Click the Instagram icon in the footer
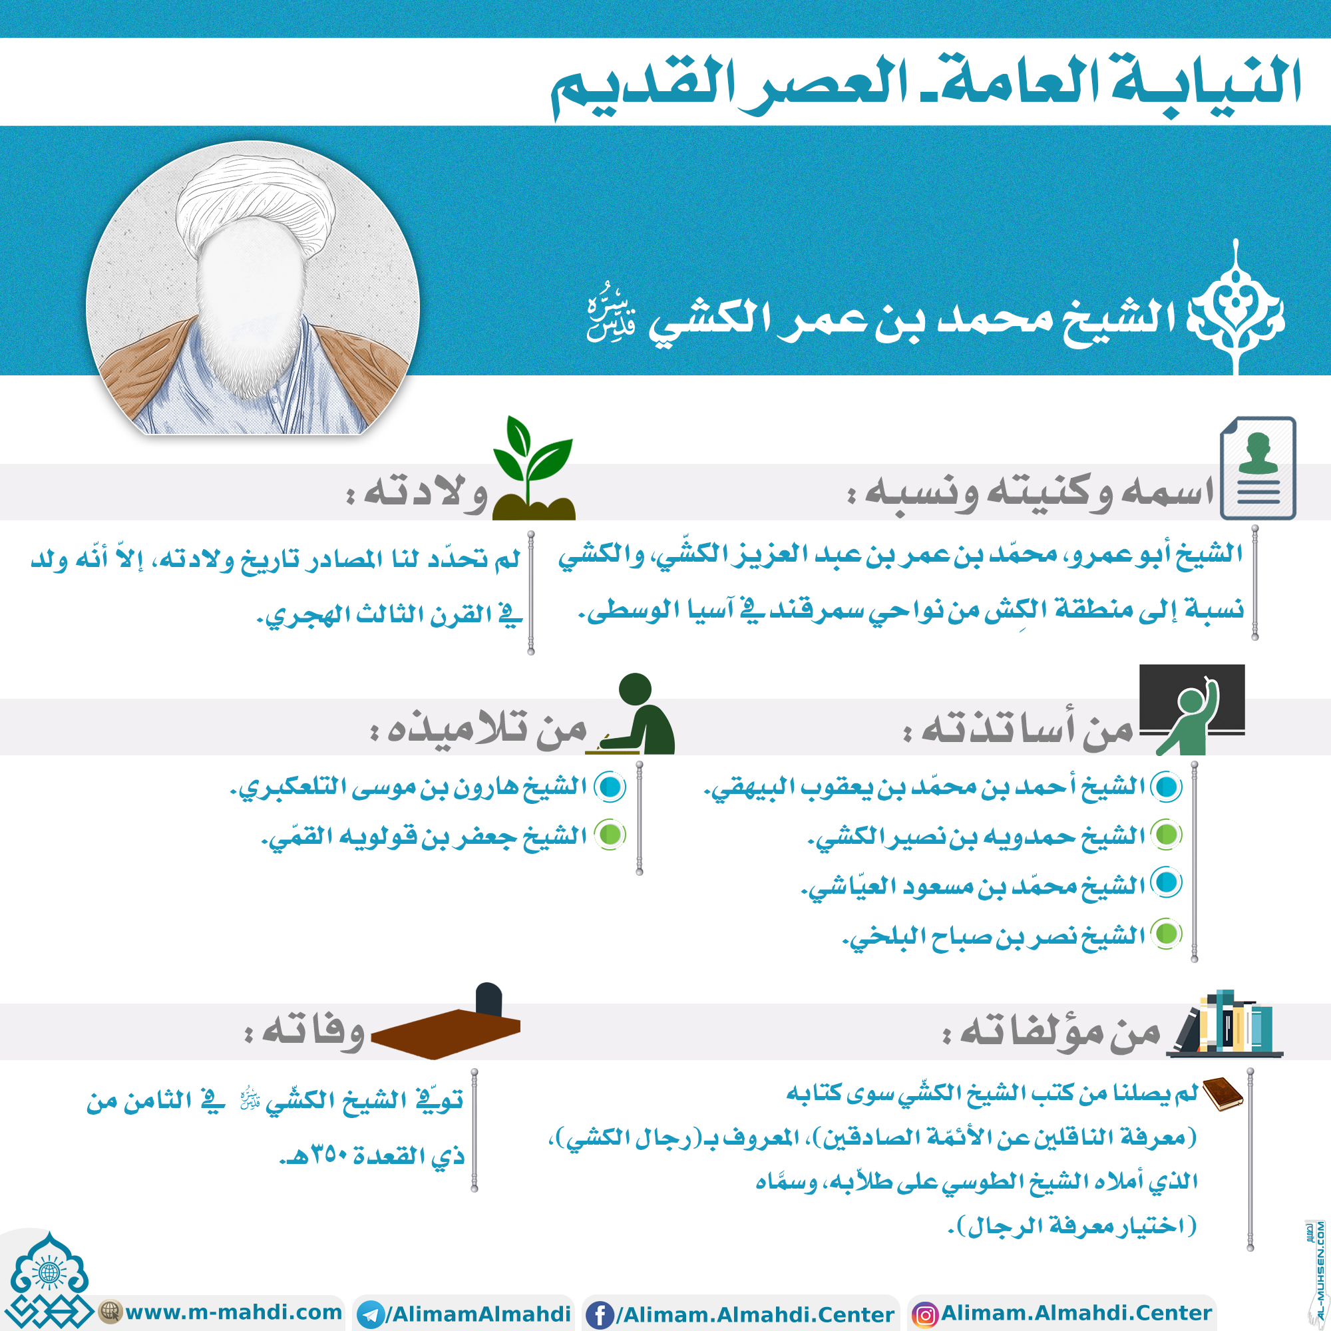[924, 1315]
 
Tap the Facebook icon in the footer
[600, 1315]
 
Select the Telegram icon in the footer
[371, 1315]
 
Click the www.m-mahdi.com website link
[233, 1312]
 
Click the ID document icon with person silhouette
[1257, 469]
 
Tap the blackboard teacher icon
[1192, 709]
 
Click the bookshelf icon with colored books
[1227, 1024]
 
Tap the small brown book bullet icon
[1222, 1094]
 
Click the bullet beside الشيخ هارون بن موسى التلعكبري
[610, 787]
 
